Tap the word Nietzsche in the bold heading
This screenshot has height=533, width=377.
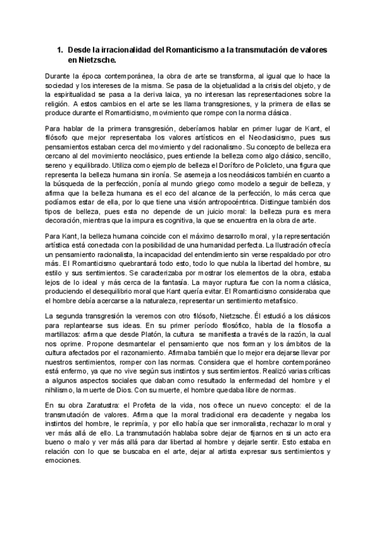click(96, 60)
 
